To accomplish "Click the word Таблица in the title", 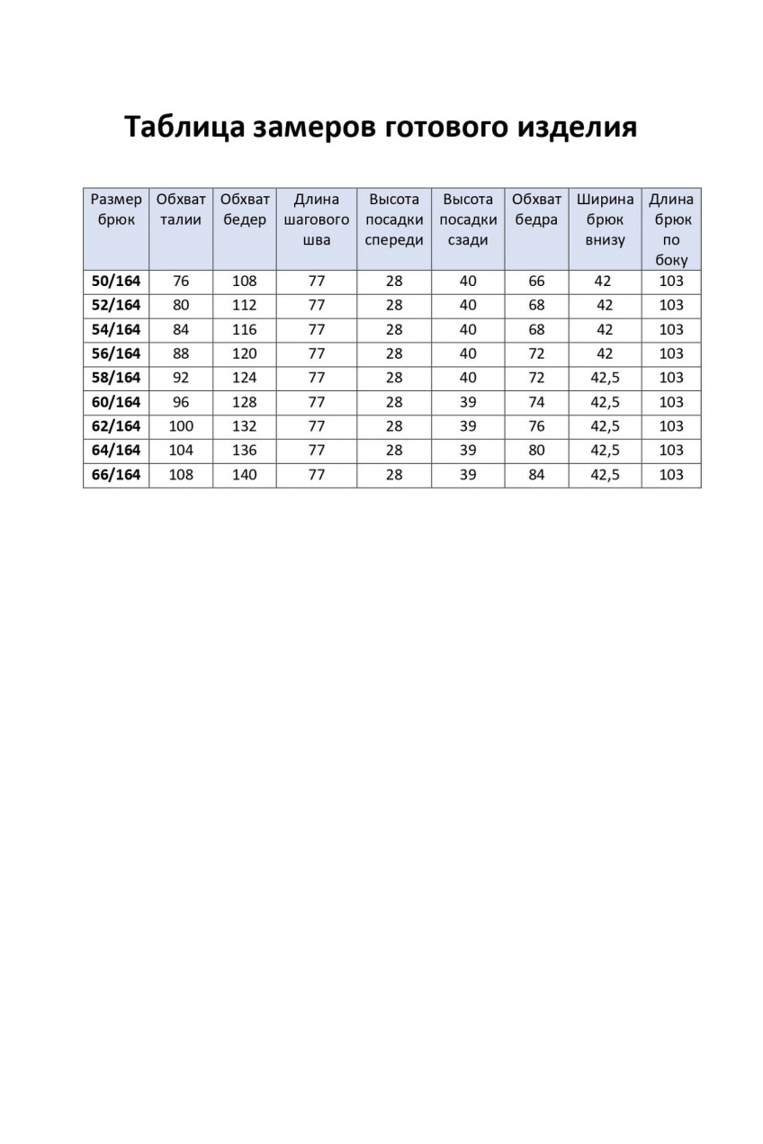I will [179, 127].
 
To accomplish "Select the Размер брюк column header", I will [116, 210].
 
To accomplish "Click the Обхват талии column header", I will [181, 210].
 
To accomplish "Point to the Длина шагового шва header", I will [317, 219].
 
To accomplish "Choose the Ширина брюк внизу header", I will [605, 219].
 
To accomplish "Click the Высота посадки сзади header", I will [468, 219].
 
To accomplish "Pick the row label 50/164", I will [116, 281].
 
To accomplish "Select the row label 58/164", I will [116, 378].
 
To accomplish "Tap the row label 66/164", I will [116, 475].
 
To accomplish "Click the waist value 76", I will [181, 281].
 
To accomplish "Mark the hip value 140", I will [244, 475].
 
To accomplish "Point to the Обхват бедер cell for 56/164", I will [244, 353].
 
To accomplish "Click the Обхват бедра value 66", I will [536, 281].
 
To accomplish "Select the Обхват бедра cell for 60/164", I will [536, 402].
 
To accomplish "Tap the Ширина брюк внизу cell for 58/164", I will [605, 378].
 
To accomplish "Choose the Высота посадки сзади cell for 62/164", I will [468, 426].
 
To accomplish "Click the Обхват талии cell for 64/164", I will [181, 451].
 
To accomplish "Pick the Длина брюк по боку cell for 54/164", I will [671, 329].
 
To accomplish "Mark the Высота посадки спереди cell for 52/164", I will [394, 305].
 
